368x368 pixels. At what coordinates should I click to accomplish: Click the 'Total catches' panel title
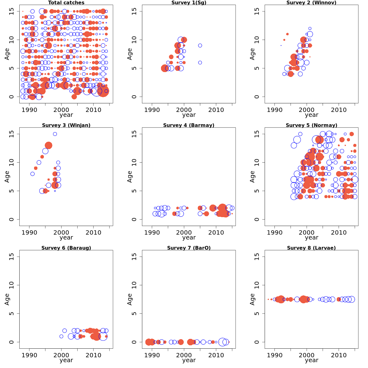click(x=66, y=3)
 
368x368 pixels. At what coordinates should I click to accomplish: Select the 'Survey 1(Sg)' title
click(x=189, y=3)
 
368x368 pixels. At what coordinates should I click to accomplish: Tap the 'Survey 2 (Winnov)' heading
click(x=312, y=3)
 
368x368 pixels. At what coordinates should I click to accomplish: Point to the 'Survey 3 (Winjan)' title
click(x=66, y=125)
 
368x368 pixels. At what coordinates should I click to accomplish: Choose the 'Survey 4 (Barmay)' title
click(x=189, y=125)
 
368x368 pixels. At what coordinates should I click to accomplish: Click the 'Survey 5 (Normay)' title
click(x=312, y=125)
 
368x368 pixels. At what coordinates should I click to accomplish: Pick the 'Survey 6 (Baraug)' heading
click(x=66, y=248)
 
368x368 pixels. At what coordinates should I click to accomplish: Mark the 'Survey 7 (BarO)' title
click(x=189, y=248)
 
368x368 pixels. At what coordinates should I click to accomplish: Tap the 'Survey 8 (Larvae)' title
click(x=312, y=248)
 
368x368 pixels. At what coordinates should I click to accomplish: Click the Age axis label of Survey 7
click(x=130, y=299)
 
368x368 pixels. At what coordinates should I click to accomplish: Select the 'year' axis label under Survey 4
click(x=189, y=238)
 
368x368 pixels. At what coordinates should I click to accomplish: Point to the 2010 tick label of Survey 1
click(x=216, y=110)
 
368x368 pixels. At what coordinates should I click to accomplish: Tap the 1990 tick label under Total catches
click(x=29, y=110)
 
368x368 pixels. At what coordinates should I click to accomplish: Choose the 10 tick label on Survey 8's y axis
click(x=257, y=285)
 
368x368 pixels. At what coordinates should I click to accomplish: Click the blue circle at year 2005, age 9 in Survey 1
click(x=200, y=45)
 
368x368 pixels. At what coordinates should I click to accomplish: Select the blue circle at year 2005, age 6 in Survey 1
click(x=200, y=63)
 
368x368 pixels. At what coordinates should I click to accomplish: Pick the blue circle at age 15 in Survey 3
click(x=55, y=134)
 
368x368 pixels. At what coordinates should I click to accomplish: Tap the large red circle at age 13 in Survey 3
click(x=48, y=145)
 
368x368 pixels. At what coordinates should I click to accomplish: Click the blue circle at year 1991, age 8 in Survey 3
click(x=33, y=174)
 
